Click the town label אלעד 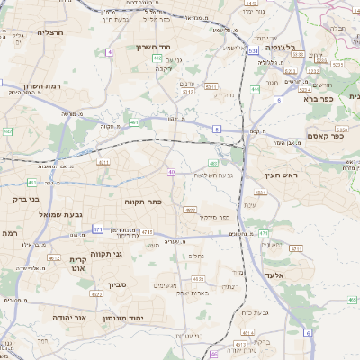click(274, 275)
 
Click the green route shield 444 click(256, 89)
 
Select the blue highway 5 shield click(217, 130)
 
